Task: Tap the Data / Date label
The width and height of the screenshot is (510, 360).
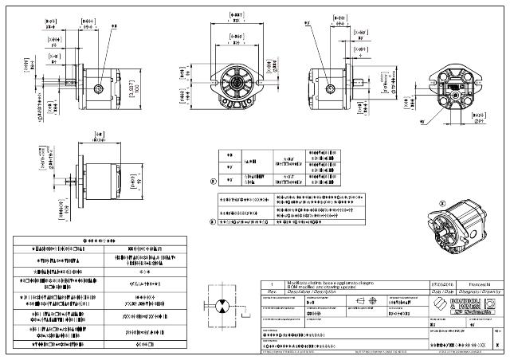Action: coord(441,292)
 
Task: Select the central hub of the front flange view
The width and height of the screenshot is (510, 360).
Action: coord(237,82)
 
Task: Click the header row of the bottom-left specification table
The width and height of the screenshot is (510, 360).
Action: coord(100,238)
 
